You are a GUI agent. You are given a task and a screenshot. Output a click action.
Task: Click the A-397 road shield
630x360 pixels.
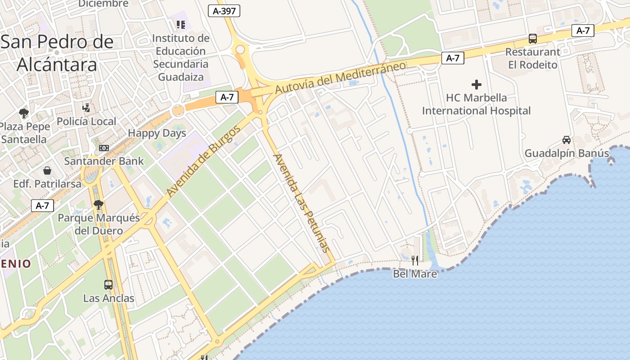click(224, 11)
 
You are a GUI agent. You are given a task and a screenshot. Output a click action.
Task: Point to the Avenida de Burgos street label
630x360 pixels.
click(203, 161)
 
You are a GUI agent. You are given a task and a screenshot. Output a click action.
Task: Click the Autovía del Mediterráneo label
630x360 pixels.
click(340, 77)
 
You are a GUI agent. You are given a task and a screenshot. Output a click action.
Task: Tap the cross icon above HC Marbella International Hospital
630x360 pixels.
click(476, 84)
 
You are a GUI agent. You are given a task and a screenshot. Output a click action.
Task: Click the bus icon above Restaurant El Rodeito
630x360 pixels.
click(533, 39)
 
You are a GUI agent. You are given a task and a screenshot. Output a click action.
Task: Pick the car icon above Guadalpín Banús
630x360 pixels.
click(567, 140)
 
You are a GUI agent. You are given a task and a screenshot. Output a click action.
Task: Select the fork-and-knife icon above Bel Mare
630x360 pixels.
click(415, 260)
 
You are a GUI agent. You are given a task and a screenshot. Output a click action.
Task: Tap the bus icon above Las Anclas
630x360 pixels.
click(108, 284)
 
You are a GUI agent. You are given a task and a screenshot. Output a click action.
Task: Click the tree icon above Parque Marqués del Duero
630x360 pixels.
click(99, 205)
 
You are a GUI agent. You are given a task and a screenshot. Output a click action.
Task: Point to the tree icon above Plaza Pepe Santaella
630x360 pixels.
click(24, 113)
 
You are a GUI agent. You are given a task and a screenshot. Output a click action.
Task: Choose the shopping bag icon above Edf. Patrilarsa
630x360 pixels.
click(47, 171)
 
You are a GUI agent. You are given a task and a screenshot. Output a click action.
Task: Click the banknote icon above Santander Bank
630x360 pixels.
click(104, 148)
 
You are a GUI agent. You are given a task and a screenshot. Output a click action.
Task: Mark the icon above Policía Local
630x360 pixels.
click(86, 108)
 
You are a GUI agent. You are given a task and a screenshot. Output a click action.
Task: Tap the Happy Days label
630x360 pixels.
click(157, 133)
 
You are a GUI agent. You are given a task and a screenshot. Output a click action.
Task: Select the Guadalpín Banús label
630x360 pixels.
click(567, 153)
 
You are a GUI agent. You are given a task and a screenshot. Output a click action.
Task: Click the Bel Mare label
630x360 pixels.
click(415, 274)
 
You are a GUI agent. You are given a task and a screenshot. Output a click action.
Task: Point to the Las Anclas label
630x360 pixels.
click(108, 298)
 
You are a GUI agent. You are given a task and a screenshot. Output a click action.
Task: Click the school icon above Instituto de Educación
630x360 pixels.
click(181, 24)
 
